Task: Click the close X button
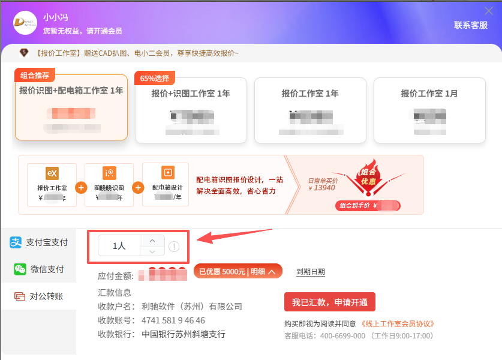point(489,11)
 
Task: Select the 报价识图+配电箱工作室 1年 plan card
point(71,108)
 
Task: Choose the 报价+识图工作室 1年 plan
point(191,110)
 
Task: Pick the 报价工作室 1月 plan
point(429,110)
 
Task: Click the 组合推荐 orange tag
point(35,76)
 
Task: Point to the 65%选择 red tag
point(155,78)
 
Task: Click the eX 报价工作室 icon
point(52,173)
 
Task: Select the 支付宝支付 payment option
point(39,242)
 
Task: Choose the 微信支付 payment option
point(39,269)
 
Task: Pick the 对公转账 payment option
point(39,296)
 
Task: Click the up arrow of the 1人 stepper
point(152,240)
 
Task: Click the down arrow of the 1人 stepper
point(152,251)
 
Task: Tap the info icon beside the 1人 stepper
point(174,246)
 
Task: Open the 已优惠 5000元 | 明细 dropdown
point(238,272)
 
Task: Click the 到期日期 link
point(311,272)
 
